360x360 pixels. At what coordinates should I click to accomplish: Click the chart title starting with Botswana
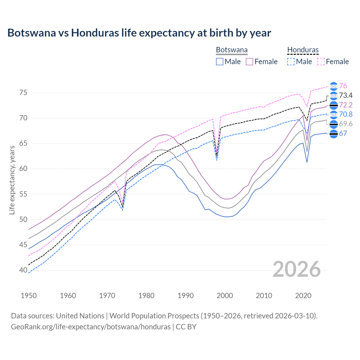[139, 33]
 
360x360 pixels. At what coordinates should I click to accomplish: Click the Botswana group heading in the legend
[231, 50]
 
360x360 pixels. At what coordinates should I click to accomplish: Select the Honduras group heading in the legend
[303, 50]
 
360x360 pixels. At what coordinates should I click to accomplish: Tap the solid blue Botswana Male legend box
[220, 62]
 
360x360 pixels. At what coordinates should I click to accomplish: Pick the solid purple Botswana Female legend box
[249, 62]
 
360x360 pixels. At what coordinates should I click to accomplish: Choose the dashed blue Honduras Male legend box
[291, 62]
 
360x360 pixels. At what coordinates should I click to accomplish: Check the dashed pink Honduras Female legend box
[321, 62]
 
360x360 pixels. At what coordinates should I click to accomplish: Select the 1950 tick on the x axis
[29, 296]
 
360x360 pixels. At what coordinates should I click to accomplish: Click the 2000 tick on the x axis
[225, 296]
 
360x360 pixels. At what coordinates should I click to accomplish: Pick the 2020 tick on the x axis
[303, 296]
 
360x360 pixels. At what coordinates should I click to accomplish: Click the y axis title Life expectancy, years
[12, 180]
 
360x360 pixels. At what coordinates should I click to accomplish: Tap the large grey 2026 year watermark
[296, 269]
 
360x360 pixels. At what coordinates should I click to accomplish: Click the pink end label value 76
[343, 86]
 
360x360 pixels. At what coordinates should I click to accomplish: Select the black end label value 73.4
[346, 96]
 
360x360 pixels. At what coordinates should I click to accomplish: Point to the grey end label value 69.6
[346, 124]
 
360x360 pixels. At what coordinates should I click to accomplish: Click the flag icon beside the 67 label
[334, 134]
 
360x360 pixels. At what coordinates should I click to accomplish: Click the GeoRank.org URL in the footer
[91, 327]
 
